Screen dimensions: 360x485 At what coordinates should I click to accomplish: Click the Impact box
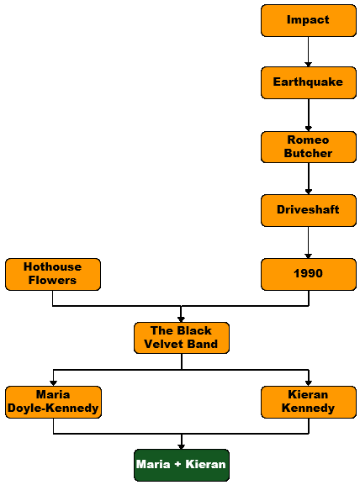pyautogui.click(x=309, y=20)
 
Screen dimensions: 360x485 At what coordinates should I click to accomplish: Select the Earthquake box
pyautogui.click(x=309, y=82)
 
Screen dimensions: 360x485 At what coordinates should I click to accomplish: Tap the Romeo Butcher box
pyautogui.click(x=309, y=147)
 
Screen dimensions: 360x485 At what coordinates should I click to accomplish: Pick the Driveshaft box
pyautogui.click(x=309, y=210)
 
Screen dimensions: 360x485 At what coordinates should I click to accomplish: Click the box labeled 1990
pyautogui.click(x=309, y=274)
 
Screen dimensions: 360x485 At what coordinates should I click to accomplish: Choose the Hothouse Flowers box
pyautogui.click(x=53, y=274)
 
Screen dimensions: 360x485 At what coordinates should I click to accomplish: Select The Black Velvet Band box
pyautogui.click(x=182, y=338)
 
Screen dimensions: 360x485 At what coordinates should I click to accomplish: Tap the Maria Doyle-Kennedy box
pyautogui.click(x=53, y=402)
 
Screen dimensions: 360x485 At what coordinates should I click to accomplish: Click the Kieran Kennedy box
pyautogui.click(x=309, y=402)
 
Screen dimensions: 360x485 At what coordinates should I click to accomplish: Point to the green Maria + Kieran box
pyautogui.click(x=182, y=465)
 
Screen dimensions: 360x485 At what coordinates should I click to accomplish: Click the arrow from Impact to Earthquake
pyautogui.click(x=309, y=51)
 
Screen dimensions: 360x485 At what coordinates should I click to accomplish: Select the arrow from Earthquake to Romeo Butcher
pyautogui.click(x=309, y=115)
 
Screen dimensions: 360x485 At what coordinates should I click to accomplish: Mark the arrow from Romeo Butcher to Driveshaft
pyautogui.click(x=309, y=179)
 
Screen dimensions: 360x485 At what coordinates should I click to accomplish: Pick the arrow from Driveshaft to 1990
pyautogui.click(x=309, y=242)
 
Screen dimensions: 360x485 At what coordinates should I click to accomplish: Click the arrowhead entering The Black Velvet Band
pyautogui.click(x=182, y=319)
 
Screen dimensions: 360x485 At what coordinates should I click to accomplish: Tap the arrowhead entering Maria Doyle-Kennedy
pyautogui.click(x=53, y=383)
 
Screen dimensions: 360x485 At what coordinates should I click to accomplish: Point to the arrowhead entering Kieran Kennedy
pyautogui.click(x=309, y=383)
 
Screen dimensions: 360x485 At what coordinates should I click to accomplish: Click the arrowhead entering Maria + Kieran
pyautogui.click(x=182, y=446)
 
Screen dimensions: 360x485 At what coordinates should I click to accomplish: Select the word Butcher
pyautogui.click(x=309, y=154)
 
